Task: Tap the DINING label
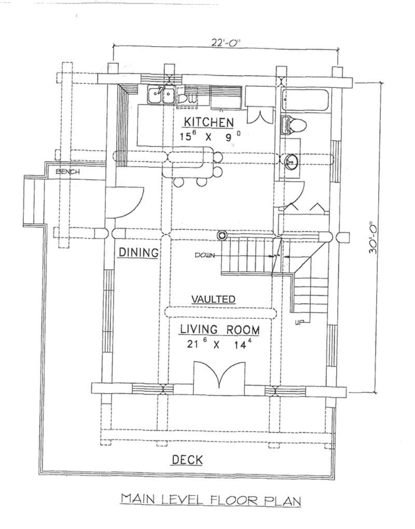[137, 252]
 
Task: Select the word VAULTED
[214, 299]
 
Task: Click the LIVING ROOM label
[219, 330]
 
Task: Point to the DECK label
[187, 460]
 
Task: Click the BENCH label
[68, 171]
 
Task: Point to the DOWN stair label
[205, 255]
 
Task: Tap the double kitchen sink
[161, 95]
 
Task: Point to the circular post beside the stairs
[223, 235]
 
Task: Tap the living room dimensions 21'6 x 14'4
[219, 345]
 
